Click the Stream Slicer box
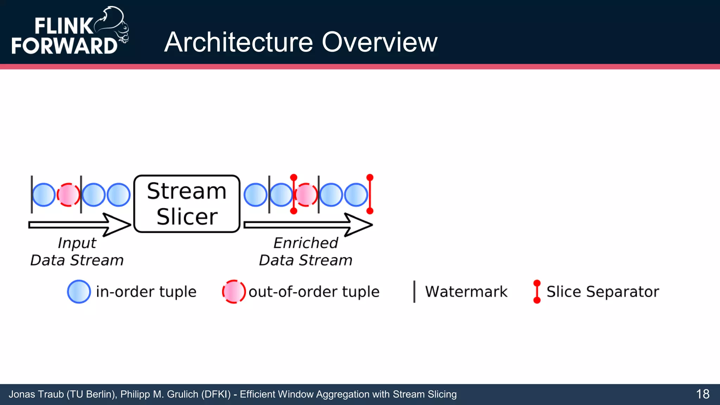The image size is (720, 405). pyautogui.click(x=187, y=204)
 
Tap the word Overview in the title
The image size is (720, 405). pyautogui.click(x=379, y=42)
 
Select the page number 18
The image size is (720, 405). pyautogui.click(x=702, y=394)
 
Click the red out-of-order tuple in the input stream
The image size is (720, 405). pyautogui.click(x=68, y=195)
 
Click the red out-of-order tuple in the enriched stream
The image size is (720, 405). pyautogui.click(x=306, y=195)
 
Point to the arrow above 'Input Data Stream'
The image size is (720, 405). pyautogui.click(x=80, y=225)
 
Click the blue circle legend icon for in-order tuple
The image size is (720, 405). pyautogui.click(x=79, y=291)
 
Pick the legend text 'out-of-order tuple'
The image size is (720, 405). pyautogui.click(x=314, y=292)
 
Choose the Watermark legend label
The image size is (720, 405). pyautogui.click(x=466, y=292)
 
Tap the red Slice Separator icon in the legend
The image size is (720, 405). pyautogui.click(x=536, y=291)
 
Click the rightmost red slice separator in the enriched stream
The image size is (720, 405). pyautogui.click(x=369, y=194)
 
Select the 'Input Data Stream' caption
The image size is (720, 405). pyautogui.click(x=77, y=252)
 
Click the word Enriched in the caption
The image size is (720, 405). pyautogui.click(x=306, y=243)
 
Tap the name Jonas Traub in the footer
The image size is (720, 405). pyautogui.click(x=36, y=394)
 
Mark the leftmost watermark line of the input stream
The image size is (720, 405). pyautogui.click(x=32, y=194)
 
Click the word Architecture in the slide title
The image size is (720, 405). pyautogui.click(x=238, y=42)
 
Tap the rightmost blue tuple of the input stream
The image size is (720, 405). pyautogui.click(x=118, y=195)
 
